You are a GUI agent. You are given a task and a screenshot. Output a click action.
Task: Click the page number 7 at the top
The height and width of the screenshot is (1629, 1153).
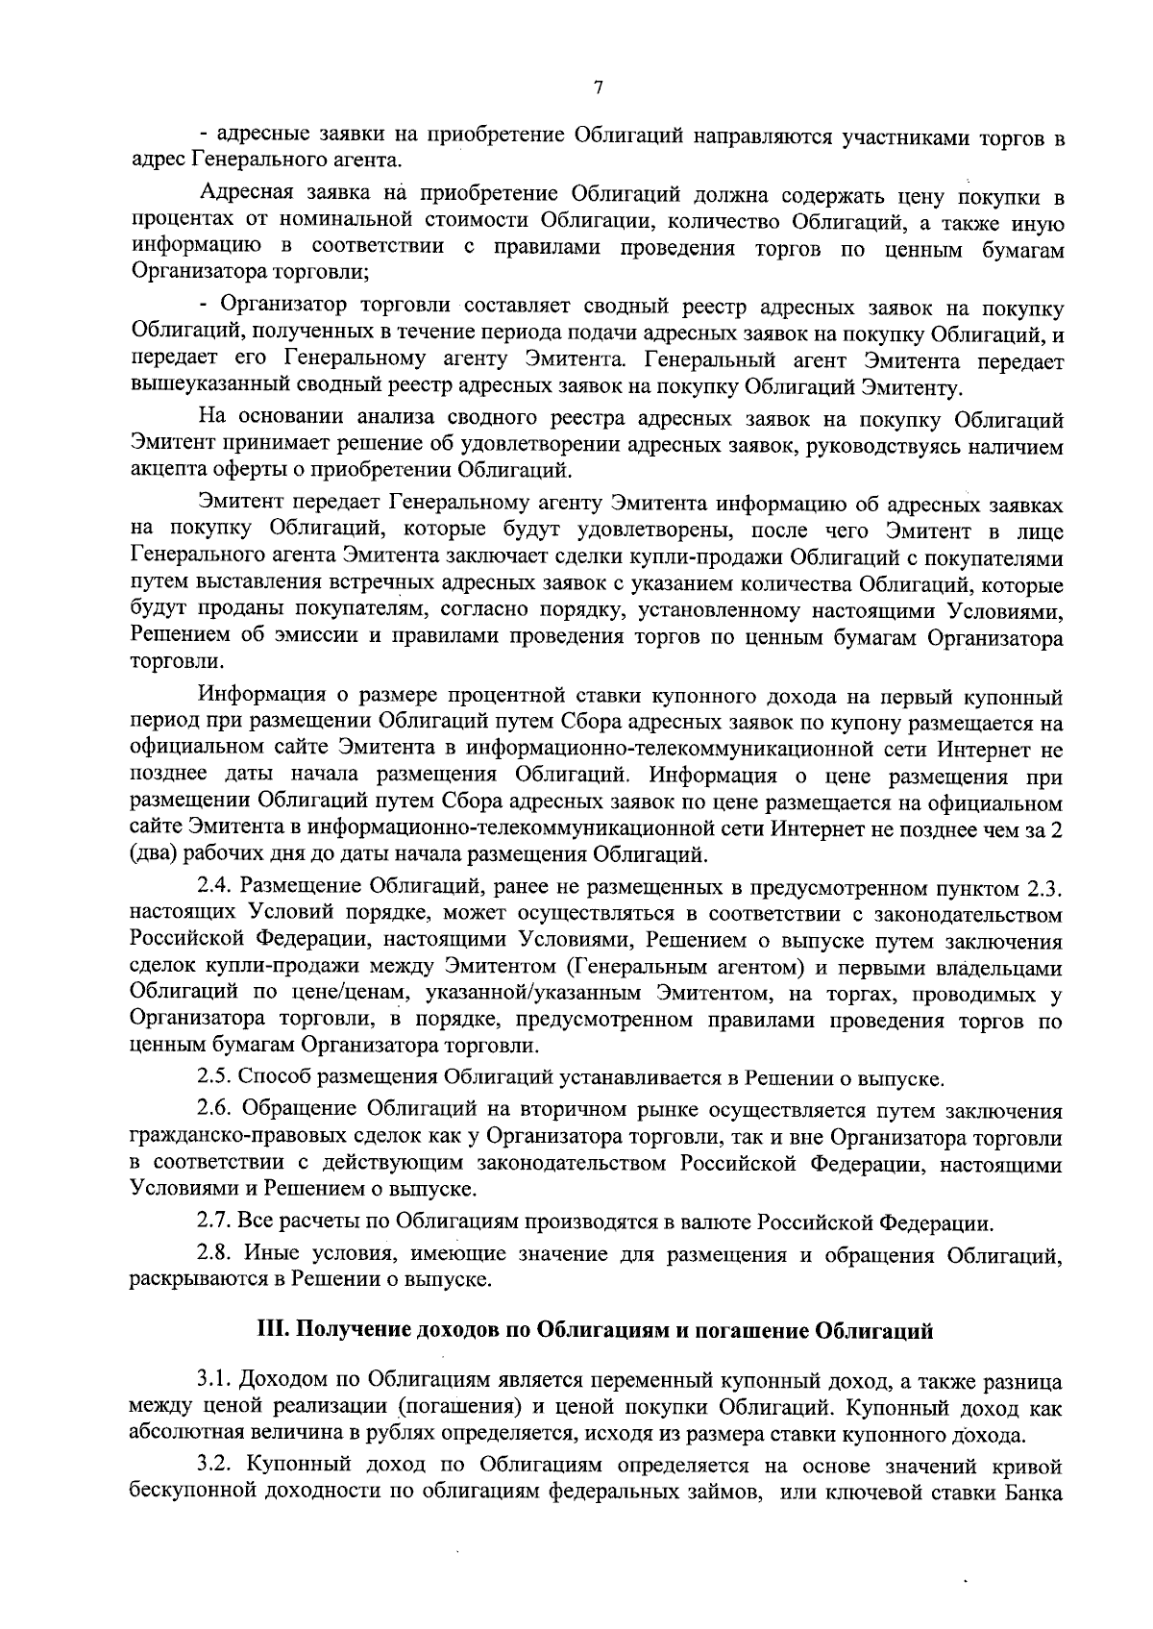point(598,88)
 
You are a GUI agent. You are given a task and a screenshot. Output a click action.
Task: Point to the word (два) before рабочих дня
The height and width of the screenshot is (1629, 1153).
point(154,853)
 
